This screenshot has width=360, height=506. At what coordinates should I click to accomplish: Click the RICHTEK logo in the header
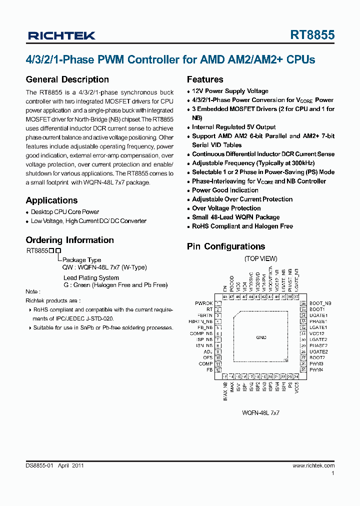point(61,35)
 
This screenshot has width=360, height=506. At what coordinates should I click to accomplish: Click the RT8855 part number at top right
point(312,35)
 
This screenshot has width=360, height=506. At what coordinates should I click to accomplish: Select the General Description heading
point(67,79)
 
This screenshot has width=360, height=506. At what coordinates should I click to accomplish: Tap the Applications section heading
point(51,200)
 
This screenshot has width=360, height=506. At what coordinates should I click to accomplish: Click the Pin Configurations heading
point(226,246)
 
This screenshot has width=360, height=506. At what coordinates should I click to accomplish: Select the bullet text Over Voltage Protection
point(226,208)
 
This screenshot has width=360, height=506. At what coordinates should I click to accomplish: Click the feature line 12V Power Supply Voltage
point(230,91)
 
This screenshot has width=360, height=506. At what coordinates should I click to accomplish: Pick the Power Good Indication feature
point(225,190)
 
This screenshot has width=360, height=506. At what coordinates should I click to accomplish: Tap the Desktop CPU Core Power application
point(65,212)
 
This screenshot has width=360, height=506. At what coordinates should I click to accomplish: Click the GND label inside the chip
point(261,337)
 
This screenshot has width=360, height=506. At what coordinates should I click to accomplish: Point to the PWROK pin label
point(204,303)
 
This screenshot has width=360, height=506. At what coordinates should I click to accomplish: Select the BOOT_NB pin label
point(320,303)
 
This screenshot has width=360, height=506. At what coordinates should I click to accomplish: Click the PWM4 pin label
point(316,370)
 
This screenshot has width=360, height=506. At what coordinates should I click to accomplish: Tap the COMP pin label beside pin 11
point(205,364)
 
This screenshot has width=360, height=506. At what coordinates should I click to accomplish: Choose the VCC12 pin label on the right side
point(317,333)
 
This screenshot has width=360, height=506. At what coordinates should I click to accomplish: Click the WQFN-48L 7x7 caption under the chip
point(260,413)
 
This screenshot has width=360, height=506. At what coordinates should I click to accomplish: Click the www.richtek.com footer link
point(313,465)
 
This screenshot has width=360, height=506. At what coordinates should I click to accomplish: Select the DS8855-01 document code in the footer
point(39,465)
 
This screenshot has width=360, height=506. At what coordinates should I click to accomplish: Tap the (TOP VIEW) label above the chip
point(260,258)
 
